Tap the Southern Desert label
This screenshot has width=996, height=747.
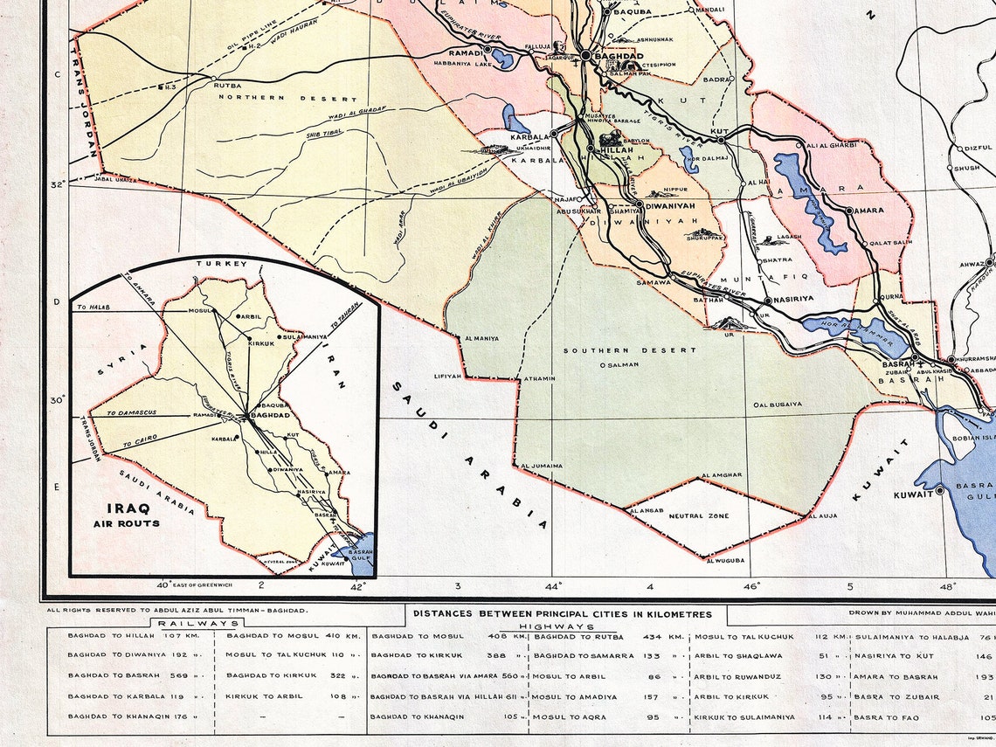(629, 350)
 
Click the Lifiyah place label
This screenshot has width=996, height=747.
(446, 376)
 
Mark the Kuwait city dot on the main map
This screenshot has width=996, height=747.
(939, 491)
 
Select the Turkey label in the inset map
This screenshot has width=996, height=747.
(223, 263)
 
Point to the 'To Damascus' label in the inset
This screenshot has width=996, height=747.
(130, 412)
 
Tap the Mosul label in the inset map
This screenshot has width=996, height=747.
(201, 309)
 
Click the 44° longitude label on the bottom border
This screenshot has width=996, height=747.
(553, 585)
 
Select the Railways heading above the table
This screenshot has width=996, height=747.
(197, 623)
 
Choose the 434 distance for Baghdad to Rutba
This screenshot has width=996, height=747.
(653, 636)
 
